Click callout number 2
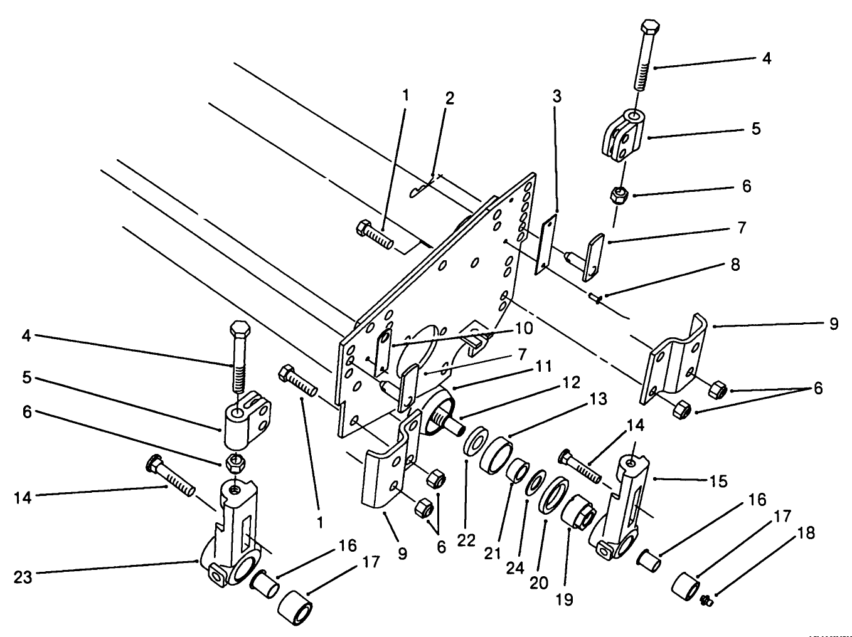(450, 99)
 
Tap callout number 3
(556, 97)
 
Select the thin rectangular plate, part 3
(546, 245)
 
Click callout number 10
(524, 328)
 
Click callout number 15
(718, 481)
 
